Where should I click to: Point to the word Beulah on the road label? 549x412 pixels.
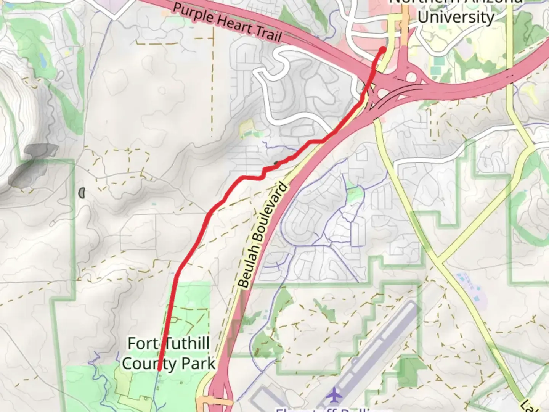point(250,259)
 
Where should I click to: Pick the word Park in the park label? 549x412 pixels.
point(198,364)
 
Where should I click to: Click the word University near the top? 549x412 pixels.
point(456,17)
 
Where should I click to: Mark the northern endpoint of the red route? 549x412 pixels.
point(383,49)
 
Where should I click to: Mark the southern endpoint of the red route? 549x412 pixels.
point(159,369)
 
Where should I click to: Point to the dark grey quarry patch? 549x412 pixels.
point(32,164)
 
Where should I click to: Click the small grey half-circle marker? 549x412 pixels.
point(82,193)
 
